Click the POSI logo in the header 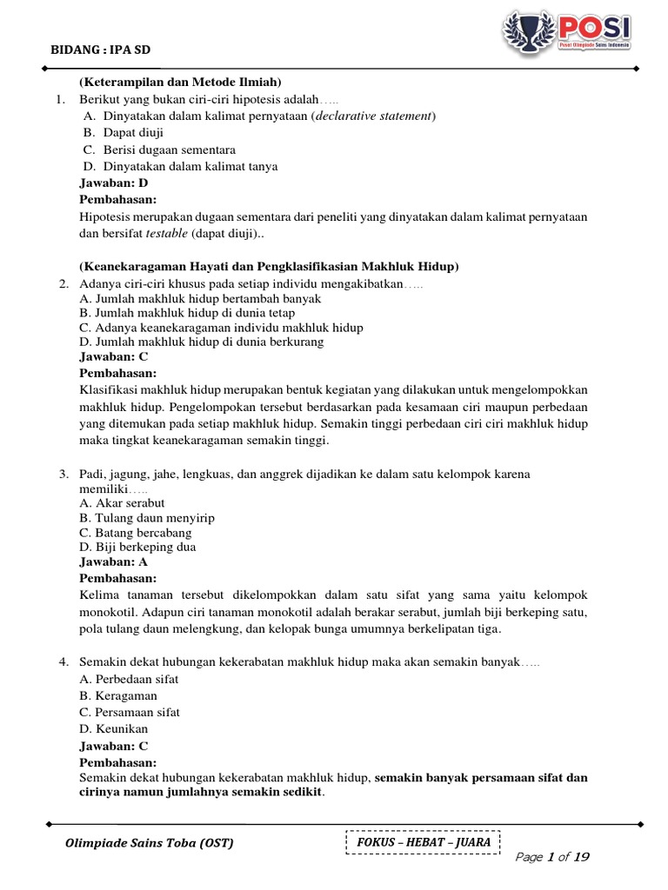point(565,32)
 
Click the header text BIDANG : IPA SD point(100,50)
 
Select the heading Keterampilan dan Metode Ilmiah point(180,83)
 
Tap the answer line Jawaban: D point(114,183)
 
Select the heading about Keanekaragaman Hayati point(269,266)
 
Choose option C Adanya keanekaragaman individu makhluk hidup point(221,328)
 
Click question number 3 point(64,474)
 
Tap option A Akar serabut point(122,503)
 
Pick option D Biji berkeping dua point(137,547)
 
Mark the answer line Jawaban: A point(114,562)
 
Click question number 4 point(64,662)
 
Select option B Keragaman point(118,696)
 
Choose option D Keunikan point(114,728)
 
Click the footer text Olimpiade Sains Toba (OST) point(150,843)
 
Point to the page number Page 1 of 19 point(552,857)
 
